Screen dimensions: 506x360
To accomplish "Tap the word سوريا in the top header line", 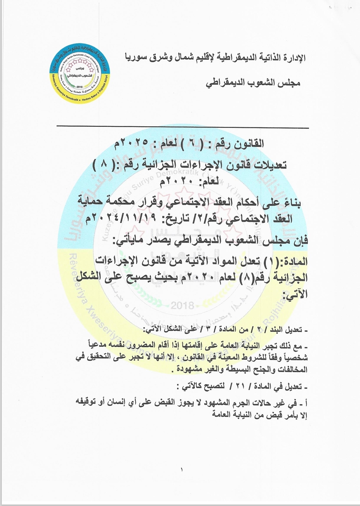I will coord(136,58).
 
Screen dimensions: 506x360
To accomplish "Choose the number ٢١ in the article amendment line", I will coord(240,387).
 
